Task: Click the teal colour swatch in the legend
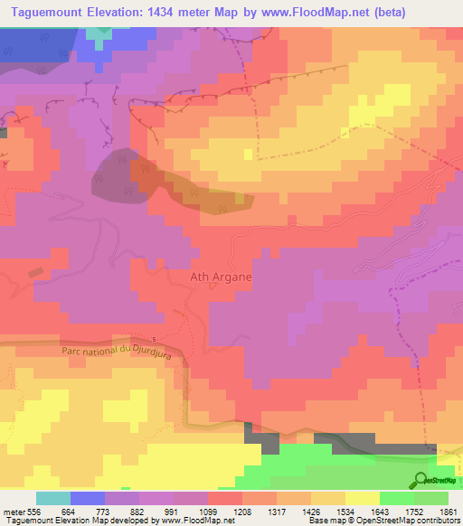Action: [53, 498]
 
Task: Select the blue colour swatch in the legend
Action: [88, 498]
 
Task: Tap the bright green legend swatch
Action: [397, 498]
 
